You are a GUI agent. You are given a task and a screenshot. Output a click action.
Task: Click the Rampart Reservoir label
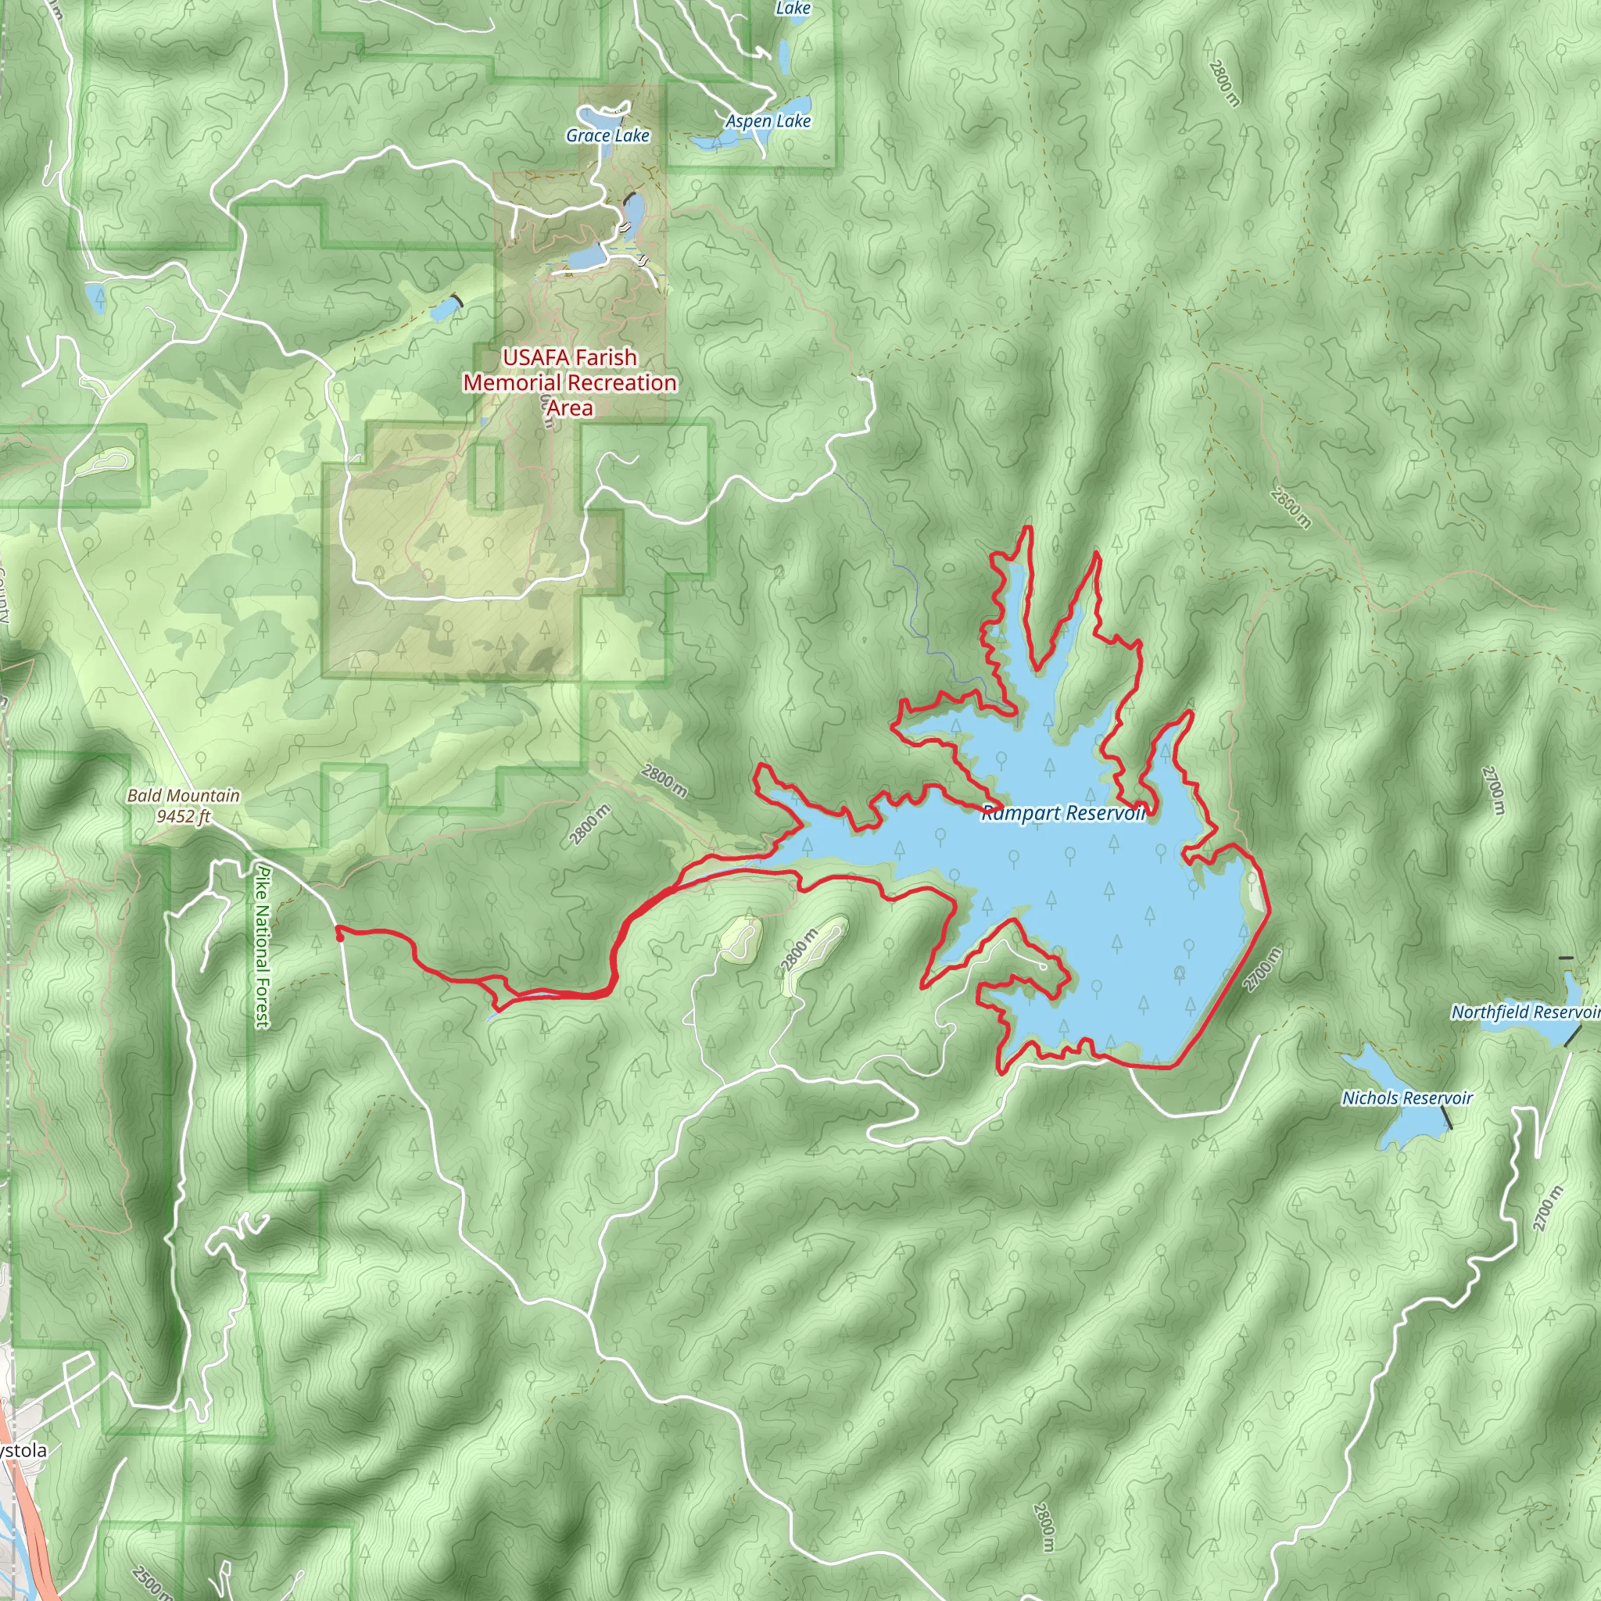[1063, 813]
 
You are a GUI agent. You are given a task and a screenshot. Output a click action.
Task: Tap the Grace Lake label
[607, 136]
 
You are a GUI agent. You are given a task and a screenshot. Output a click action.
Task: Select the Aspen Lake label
[768, 121]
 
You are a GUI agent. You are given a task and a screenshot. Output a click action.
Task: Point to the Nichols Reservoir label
[1407, 1098]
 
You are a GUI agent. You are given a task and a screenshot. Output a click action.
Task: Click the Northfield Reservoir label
[1524, 1012]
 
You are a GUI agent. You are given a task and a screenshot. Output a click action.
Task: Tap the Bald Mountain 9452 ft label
[183, 805]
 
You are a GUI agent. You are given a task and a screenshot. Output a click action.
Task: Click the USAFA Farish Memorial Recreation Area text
[570, 382]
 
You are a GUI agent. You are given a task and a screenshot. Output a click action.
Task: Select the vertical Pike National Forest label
[263, 947]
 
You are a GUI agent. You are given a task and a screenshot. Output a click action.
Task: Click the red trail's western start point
[339, 934]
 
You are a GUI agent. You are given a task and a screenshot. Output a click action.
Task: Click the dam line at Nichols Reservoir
[1446, 1116]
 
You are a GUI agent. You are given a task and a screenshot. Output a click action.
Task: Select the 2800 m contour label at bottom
[1044, 1528]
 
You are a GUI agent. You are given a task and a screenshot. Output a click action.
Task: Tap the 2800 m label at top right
[1224, 84]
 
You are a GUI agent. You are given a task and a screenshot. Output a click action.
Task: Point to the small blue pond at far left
[96, 295]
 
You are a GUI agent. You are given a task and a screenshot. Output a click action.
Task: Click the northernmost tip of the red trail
[1030, 527]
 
